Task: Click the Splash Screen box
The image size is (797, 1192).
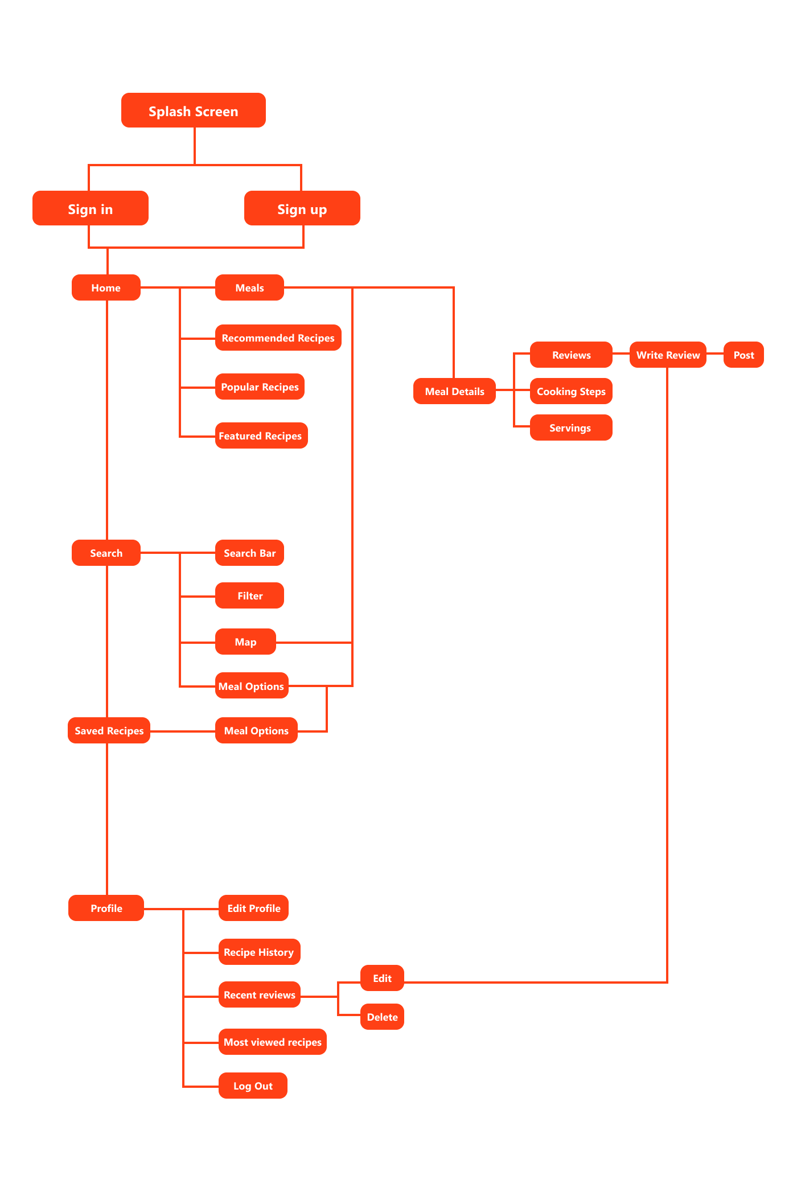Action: (x=193, y=110)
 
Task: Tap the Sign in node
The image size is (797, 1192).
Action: (x=91, y=208)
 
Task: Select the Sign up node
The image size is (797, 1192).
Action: (x=302, y=208)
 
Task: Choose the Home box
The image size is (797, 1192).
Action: (x=106, y=287)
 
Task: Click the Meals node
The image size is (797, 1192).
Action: (x=249, y=287)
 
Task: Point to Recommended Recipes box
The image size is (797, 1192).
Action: (x=278, y=338)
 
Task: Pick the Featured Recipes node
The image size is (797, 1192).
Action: (x=261, y=435)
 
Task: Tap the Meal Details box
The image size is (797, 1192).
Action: (x=454, y=391)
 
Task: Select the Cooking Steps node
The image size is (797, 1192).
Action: (x=571, y=391)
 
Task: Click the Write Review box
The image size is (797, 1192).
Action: (x=668, y=355)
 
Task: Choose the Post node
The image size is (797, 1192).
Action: (x=743, y=355)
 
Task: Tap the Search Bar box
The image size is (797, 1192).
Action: (x=249, y=553)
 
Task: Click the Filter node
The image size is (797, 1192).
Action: (x=249, y=595)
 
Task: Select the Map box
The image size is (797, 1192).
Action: (x=245, y=642)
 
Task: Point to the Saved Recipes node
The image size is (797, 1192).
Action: (x=109, y=730)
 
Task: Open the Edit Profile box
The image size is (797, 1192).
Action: (x=253, y=908)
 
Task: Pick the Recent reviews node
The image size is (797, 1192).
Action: (x=259, y=994)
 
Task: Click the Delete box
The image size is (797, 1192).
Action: (x=382, y=1017)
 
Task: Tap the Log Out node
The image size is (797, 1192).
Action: (x=253, y=1086)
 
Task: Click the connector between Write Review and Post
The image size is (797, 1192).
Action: (x=715, y=355)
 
